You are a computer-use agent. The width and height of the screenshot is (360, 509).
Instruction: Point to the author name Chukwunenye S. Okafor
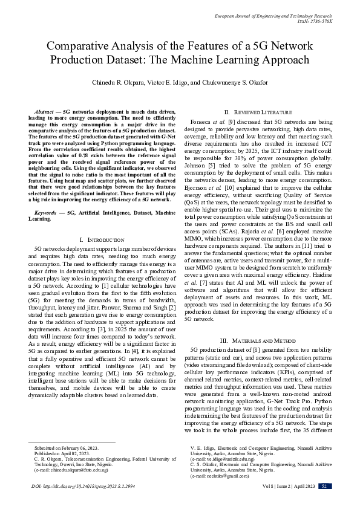pos(234,82)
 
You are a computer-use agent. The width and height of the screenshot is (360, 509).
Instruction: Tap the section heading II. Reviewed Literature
pos(258,112)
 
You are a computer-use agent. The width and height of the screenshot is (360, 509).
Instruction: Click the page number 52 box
pos(326,502)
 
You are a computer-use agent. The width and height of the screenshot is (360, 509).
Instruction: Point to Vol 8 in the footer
pos(250,502)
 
